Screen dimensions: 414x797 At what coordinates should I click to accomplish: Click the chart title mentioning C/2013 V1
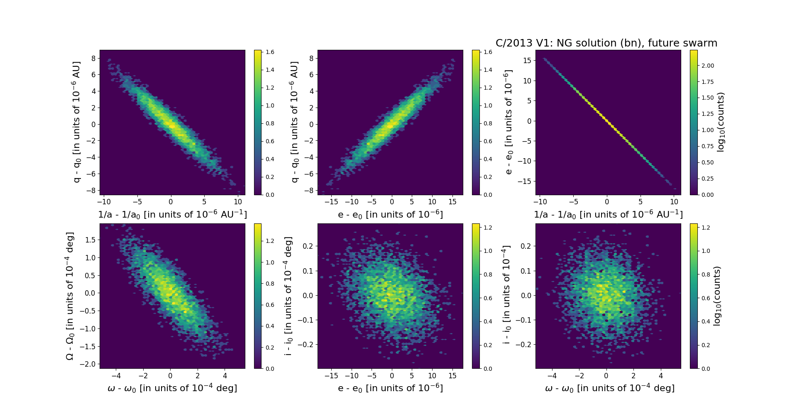(x=606, y=43)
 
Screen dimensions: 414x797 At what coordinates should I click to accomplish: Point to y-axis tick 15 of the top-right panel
(x=527, y=61)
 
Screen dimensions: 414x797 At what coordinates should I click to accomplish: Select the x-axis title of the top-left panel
(x=172, y=215)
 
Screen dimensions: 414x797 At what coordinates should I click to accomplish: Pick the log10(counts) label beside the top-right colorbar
(x=721, y=122)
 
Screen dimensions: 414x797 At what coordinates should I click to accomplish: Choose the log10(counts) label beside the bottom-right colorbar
(x=717, y=296)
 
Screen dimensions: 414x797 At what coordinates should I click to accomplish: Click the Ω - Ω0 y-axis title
(x=70, y=296)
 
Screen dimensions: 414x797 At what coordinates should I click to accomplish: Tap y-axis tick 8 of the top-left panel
(x=93, y=59)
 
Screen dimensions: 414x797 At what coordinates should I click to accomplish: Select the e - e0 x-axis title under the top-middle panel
(x=390, y=215)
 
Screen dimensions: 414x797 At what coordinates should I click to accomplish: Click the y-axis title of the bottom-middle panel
(x=288, y=296)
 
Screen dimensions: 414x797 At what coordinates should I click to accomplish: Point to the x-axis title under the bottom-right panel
(x=609, y=388)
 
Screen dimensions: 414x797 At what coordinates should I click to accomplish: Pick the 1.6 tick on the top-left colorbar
(x=270, y=52)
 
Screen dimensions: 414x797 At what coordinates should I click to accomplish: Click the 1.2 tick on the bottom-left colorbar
(x=270, y=241)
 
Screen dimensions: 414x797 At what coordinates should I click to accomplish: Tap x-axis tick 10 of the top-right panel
(x=674, y=202)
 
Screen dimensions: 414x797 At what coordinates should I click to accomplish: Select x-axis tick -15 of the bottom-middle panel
(x=331, y=376)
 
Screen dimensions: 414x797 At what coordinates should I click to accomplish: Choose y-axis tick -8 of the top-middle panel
(x=308, y=191)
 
